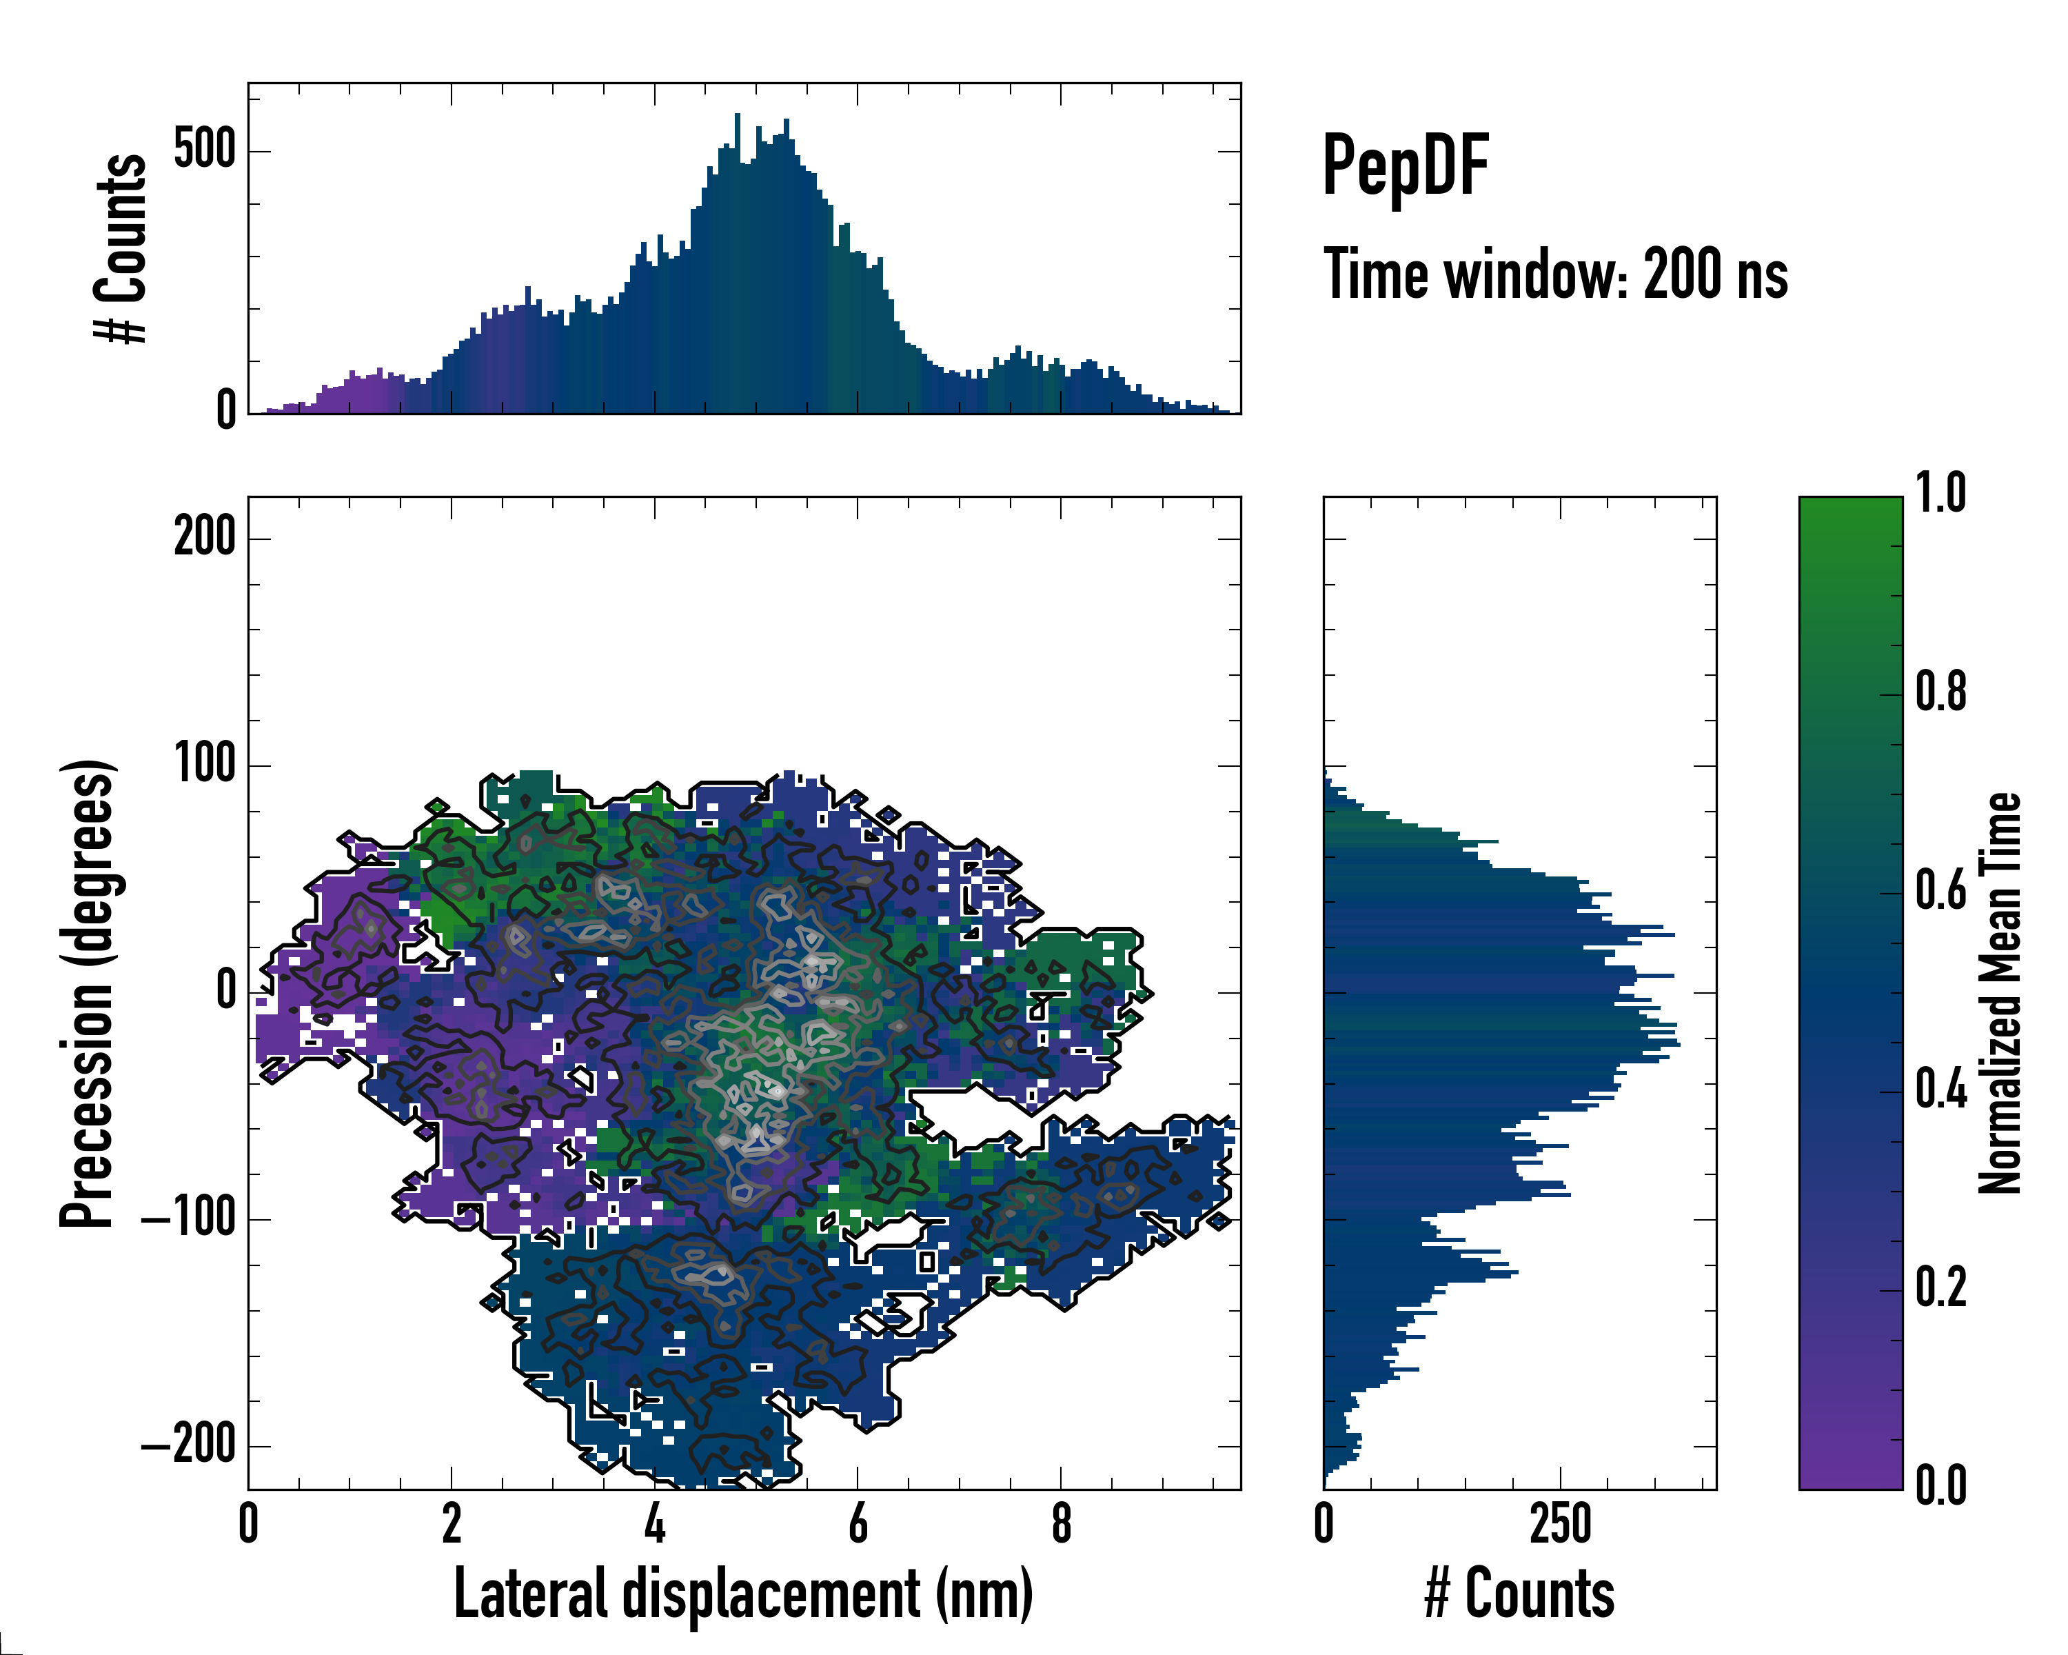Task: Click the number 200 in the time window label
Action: [x=1684, y=274]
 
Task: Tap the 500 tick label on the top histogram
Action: [x=204, y=150]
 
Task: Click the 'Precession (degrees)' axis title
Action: [x=88, y=993]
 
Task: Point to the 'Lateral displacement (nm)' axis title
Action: [x=743, y=1594]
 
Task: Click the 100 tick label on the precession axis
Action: [x=204, y=765]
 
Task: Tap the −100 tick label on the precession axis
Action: [x=189, y=1218]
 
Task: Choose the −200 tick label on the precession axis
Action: [x=189, y=1445]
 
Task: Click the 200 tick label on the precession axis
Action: [x=204, y=537]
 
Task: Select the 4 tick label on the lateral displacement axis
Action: [x=654, y=1523]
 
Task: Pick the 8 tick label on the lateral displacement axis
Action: [x=1061, y=1523]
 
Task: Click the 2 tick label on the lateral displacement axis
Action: [x=452, y=1523]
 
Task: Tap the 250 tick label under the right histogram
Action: [x=1561, y=1523]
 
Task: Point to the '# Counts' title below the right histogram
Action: [x=1519, y=1594]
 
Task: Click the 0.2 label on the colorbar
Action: [x=1940, y=1287]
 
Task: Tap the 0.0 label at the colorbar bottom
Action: [x=1940, y=1485]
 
